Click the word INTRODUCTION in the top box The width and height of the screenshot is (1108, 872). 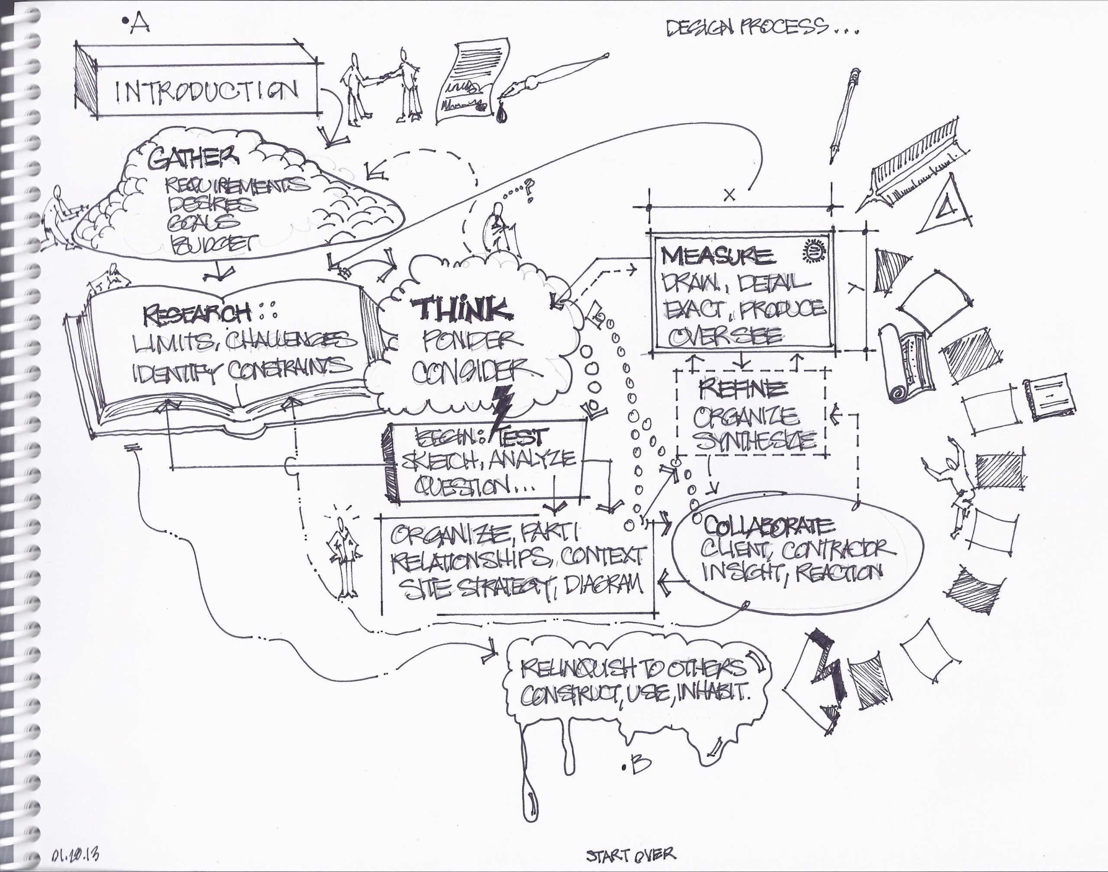207,91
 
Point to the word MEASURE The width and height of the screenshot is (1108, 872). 716,255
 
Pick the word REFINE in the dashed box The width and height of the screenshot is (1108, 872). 743,389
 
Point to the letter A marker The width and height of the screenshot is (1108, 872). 138,24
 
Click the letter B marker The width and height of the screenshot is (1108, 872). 639,764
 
